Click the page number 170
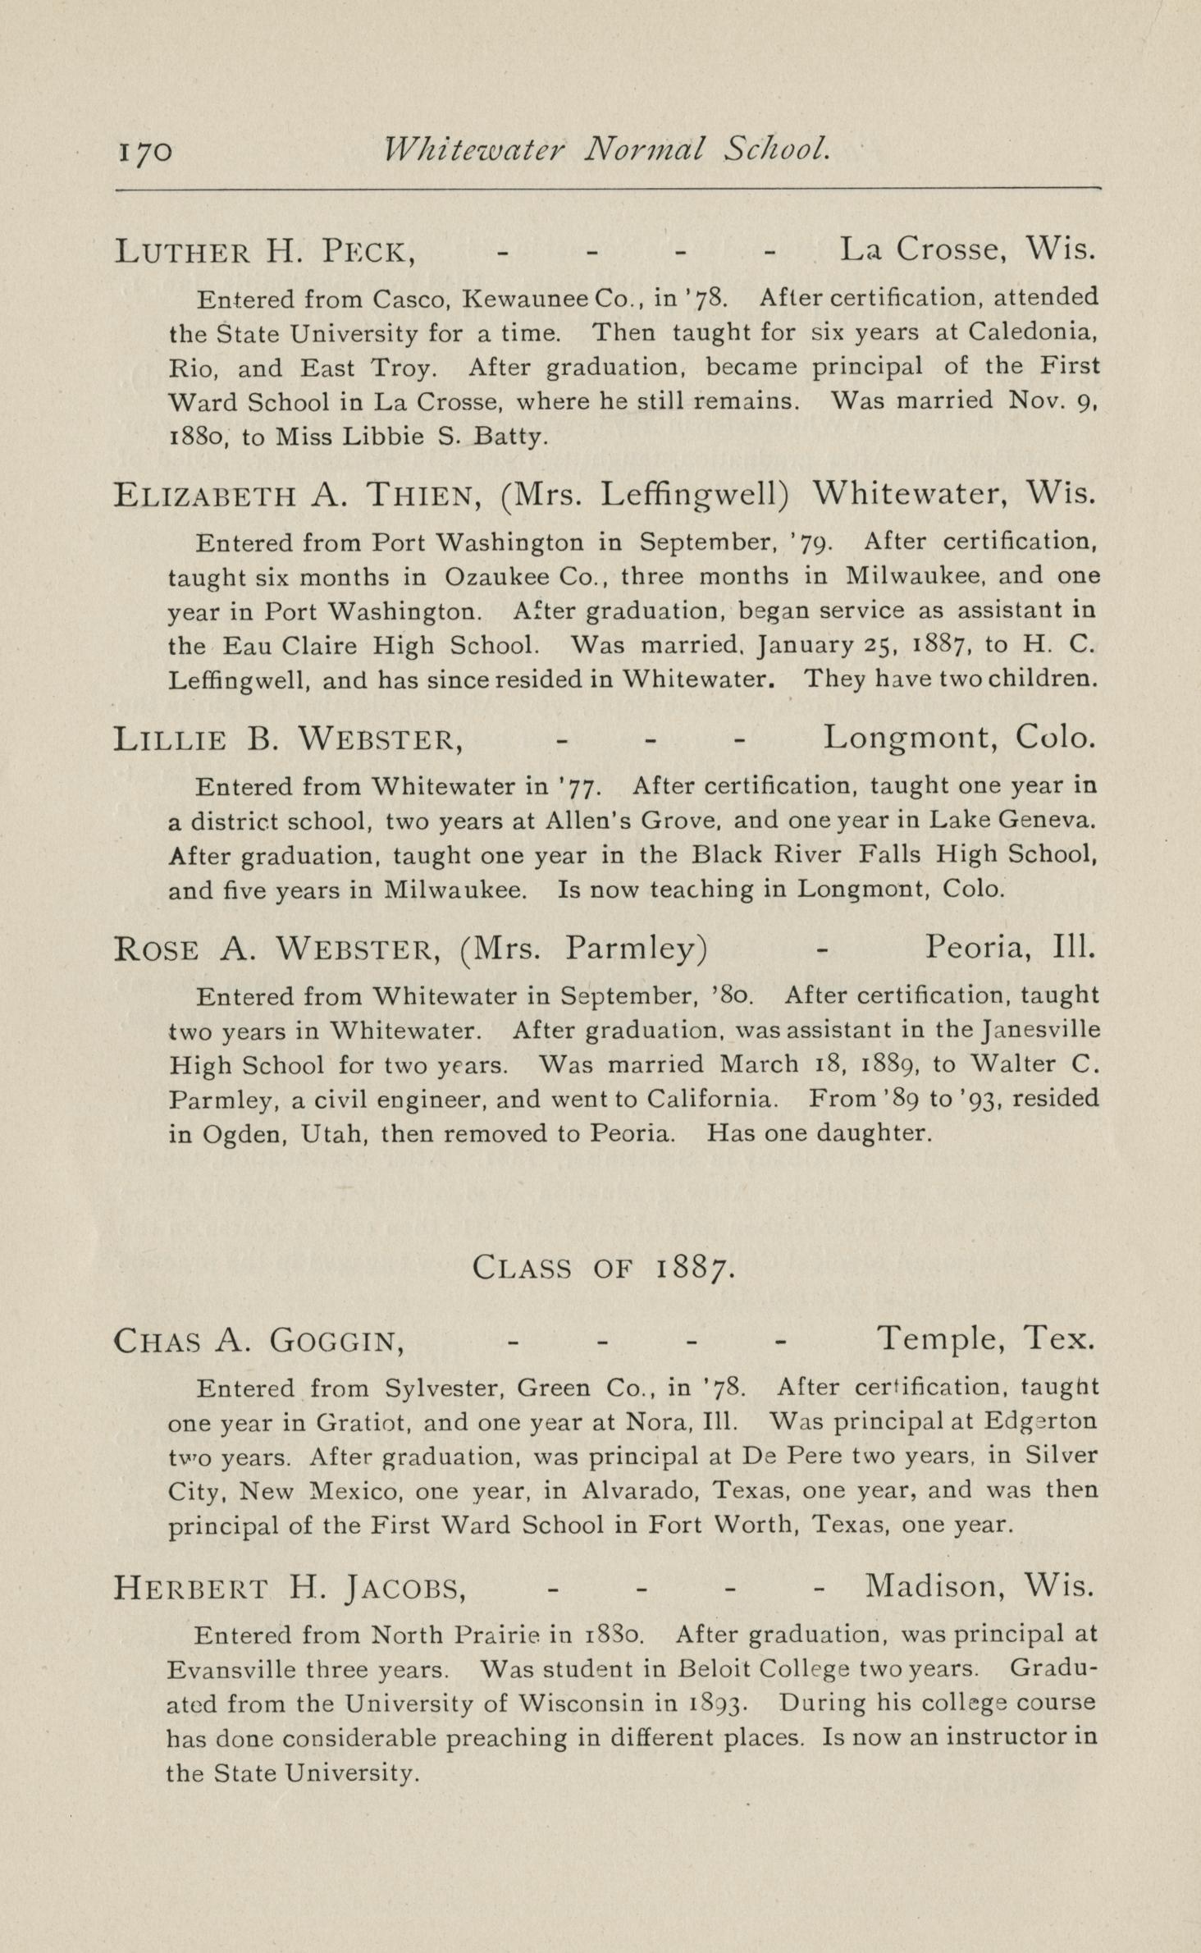tap(145, 152)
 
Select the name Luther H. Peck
tap(264, 250)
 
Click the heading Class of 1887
tap(604, 1268)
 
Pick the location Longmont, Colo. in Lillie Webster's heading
tap(958, 738)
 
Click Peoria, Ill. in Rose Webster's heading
tap(1011, 948)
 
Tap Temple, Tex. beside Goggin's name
tap(985, 1338)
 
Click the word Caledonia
tap(1032, 332)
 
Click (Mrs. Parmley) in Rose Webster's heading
tap(584, 949)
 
